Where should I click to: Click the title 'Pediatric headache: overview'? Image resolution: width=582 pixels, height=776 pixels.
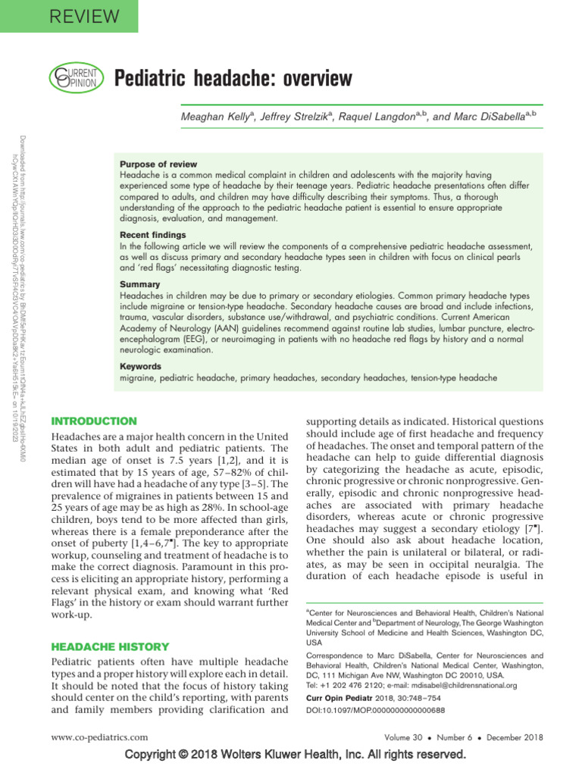click(233, 78)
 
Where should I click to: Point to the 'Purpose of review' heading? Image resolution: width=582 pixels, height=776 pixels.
click(158, 164)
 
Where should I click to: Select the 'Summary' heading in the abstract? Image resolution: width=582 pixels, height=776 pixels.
click(139, 284)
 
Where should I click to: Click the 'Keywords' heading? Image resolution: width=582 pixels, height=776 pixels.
click(142, 366)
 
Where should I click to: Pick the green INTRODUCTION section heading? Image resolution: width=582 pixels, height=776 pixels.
click(93, 421)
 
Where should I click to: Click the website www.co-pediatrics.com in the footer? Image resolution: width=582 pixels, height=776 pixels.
click(99, 736)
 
